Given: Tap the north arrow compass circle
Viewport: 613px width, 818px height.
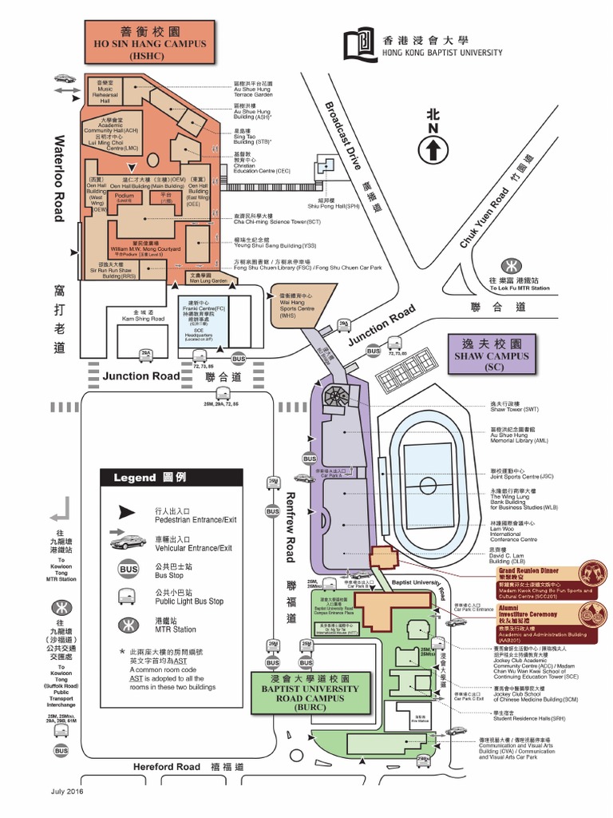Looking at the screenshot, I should pos(433,149).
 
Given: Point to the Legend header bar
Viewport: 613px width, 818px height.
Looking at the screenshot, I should pos(171,477).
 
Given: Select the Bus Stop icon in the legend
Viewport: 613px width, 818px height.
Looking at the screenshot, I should pos(128,570).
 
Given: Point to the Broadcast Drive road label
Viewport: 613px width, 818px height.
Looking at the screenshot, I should pos(343,136).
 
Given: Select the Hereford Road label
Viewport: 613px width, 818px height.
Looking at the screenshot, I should pos(167,767).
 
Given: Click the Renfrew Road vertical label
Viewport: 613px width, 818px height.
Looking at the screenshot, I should pos(291,526).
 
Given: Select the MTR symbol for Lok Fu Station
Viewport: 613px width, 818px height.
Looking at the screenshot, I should pos(508,265).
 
